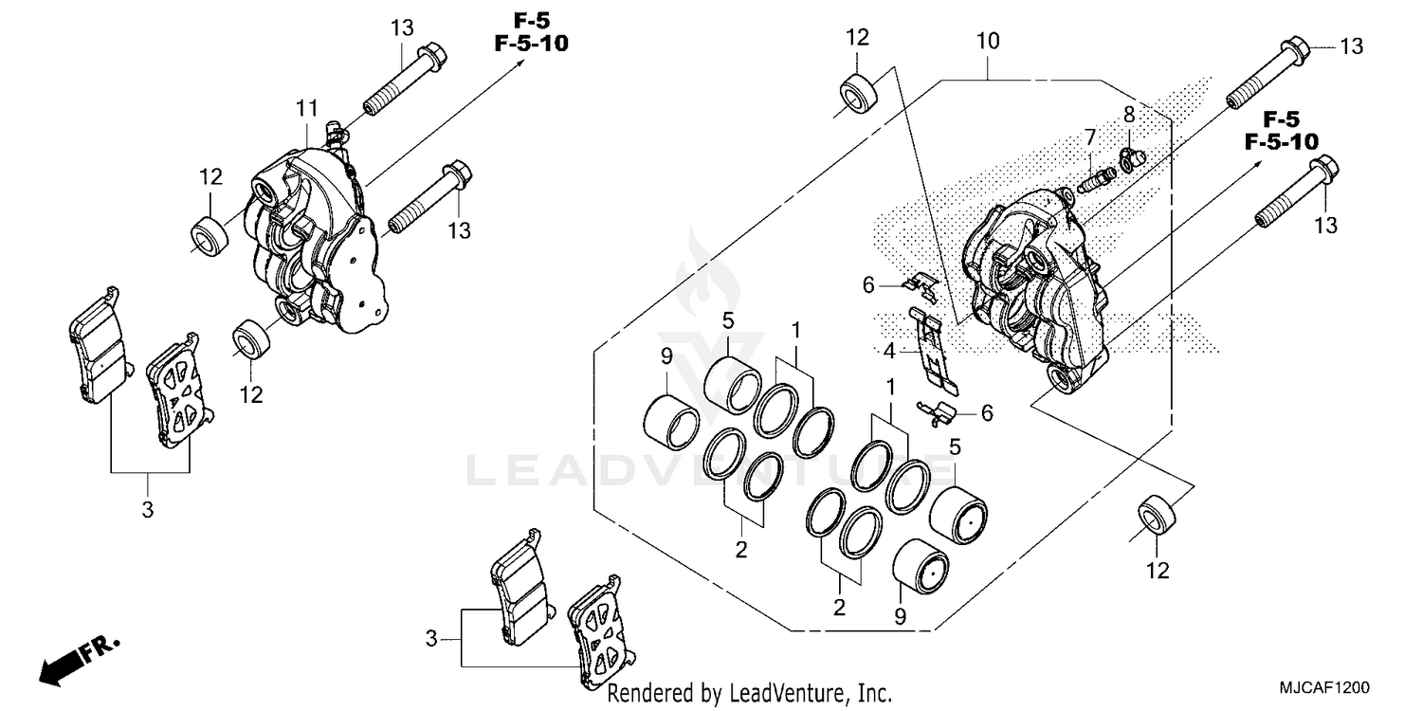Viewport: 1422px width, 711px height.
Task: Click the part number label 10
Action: (x=987, y=42)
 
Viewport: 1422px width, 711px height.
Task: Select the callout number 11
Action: (x=305, y=110)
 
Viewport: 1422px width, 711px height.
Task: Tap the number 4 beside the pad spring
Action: (x=889, y=352)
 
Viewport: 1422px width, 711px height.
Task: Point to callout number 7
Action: (x=1090, y=137)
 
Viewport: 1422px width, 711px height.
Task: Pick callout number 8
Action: (x=1129, y=116)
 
